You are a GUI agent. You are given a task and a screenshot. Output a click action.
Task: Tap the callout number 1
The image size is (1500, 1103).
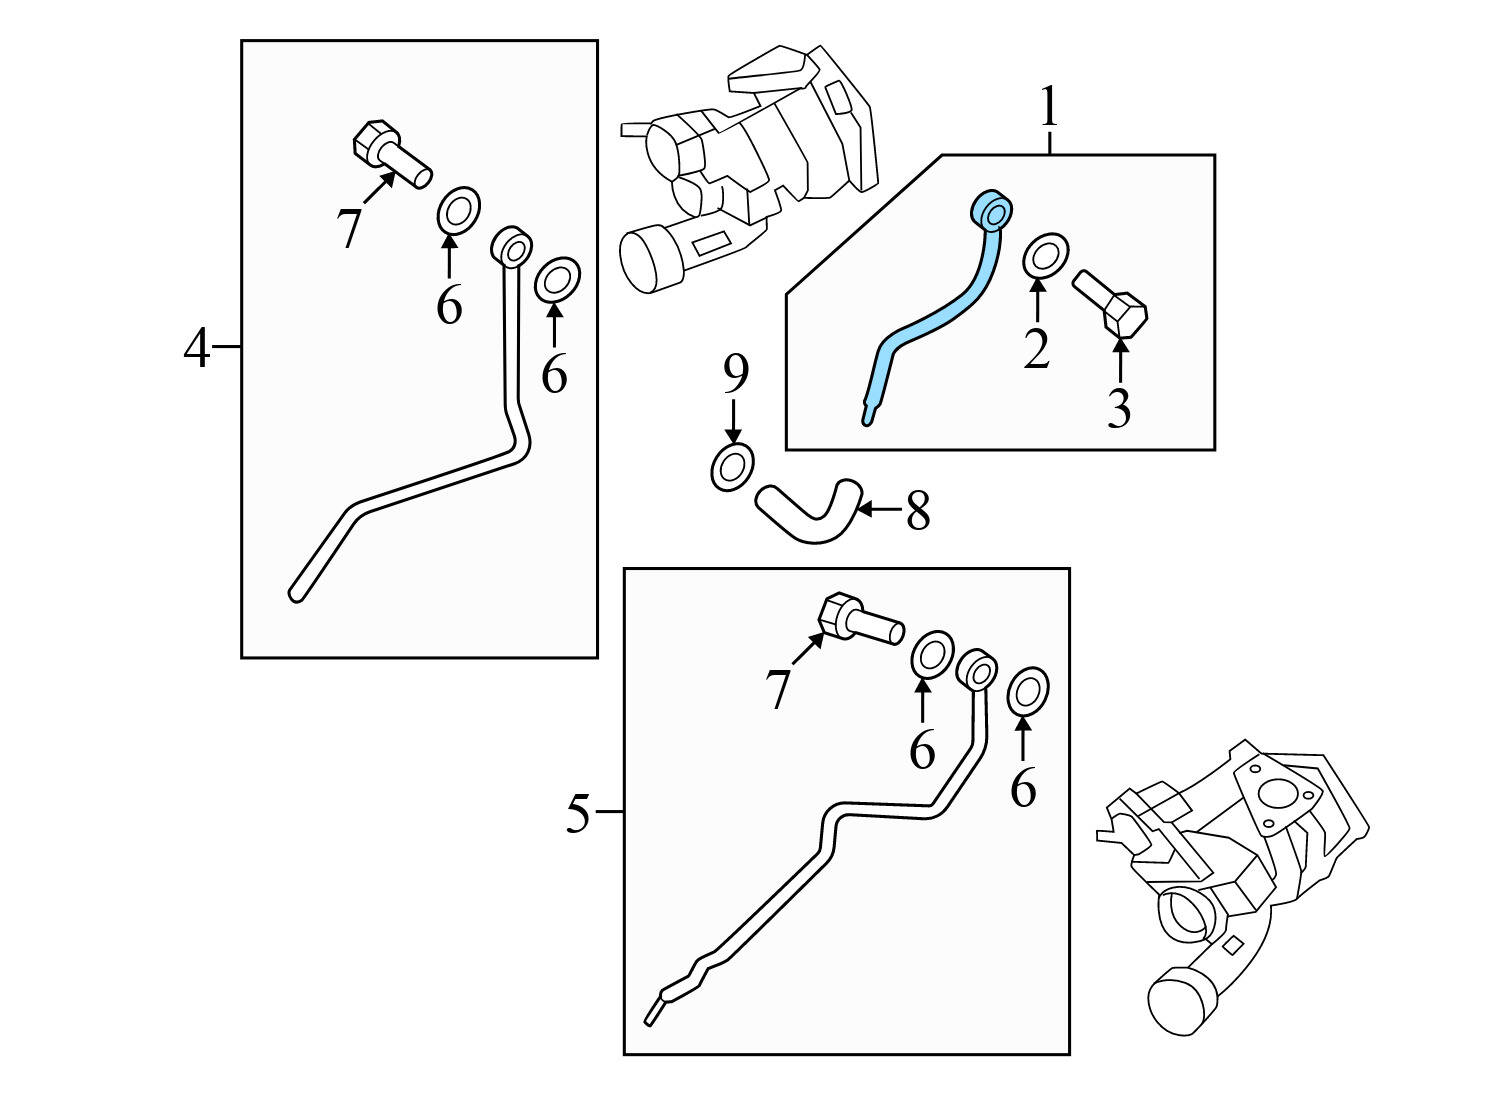pyautogui.click(x=1048, y=107)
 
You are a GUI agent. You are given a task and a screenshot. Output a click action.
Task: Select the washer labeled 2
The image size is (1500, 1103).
pyautogui.click(x=1044, y=256)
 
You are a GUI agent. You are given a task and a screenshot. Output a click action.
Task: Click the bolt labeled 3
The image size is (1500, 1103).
pyautogui.click(x=1112, y=304)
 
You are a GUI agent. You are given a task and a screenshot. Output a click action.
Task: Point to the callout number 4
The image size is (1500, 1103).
pyautogui.click(x=197, y=348)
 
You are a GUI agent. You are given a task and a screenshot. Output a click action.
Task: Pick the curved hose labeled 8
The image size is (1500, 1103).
pyautogui.click(x=808, y=511)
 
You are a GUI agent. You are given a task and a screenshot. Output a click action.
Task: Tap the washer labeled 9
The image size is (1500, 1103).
pyautogui.click(x=732, y=468)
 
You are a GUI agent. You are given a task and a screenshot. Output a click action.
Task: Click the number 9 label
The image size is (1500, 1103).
pyautogui.click(x=735, y=374)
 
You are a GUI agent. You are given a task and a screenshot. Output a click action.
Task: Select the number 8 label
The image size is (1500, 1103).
pyautogui.click(x=918, y=511)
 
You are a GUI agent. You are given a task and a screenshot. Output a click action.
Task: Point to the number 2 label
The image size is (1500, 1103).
pyautogui.click(x=1036, y=349)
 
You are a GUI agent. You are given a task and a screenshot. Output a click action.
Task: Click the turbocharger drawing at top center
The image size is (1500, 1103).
pyautogui.click(x=745, y=170)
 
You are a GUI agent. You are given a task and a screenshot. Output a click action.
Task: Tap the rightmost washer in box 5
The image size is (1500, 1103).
pyautogui.click(x=1027, y=692)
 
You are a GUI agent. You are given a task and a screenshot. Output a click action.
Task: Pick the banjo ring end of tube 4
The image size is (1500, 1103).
pyautogui.click(x=512, y=248)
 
